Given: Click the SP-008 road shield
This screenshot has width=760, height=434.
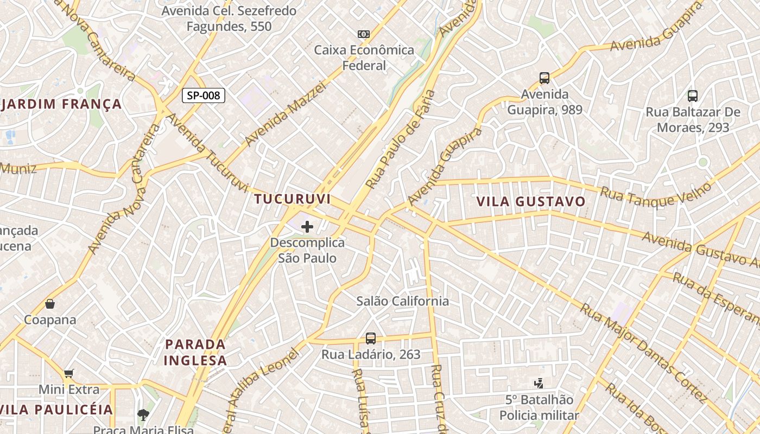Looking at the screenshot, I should (x=203, y=96).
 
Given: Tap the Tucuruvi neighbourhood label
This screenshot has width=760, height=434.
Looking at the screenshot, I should (x=293, y=199).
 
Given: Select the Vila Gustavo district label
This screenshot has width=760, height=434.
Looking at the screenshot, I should (x=531, y=202).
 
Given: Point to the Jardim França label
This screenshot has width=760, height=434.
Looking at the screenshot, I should (x=61, y=104).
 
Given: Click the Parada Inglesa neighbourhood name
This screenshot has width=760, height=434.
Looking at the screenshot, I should (x=195, y=352).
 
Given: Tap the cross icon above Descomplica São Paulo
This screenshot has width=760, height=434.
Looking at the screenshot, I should (x=307, y=227).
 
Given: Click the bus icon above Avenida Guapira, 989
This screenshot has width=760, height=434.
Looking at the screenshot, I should (x=544, y=78).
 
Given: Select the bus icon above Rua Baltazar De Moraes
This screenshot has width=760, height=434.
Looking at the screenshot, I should (x=693, y=96).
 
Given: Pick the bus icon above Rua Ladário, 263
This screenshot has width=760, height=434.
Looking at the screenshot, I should (x=371, y=339).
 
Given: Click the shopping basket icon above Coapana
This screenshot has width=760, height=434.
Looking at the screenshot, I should (x=50, y=304).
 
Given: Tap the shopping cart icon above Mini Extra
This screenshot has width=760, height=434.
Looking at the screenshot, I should (x=68, y=373).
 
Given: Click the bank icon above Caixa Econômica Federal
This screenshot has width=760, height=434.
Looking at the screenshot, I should (x=364, y=34).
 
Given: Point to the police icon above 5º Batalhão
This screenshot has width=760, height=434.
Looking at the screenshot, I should (x=539, y=384).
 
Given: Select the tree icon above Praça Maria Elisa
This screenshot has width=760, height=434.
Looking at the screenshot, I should (x=143, y=416).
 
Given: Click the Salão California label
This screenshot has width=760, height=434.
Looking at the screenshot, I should (x=403, y=301).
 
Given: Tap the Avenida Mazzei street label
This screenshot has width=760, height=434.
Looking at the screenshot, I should (x=285, y=113).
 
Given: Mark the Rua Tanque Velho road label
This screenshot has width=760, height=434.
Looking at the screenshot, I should (x=655, y=194).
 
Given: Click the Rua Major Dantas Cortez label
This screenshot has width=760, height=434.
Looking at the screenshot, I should (x=644, y=353).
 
